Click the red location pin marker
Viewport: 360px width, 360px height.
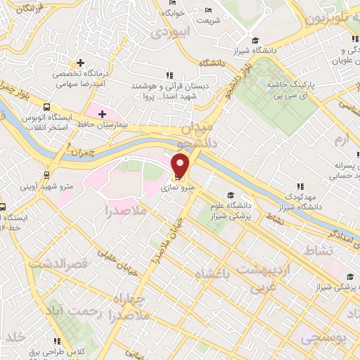point(181,165)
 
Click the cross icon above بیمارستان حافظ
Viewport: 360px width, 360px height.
point(103,113)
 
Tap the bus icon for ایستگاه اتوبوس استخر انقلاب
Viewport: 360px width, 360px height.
point(46,108)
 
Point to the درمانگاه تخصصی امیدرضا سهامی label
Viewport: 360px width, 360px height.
point(82,78)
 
